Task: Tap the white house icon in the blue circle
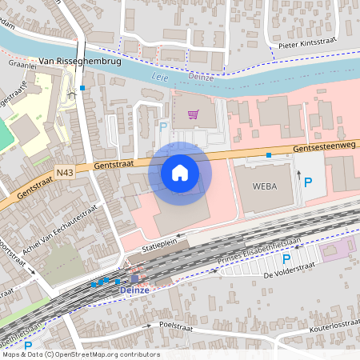click(x=180, y=173)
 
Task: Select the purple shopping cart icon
click(x=192, y=114)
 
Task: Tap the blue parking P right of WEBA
click(x=308, y=182)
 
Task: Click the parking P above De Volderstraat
click(x=286, y=259)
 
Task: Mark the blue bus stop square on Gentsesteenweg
click(x=269, y=154)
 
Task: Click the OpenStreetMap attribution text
click(x=80, y=354)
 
